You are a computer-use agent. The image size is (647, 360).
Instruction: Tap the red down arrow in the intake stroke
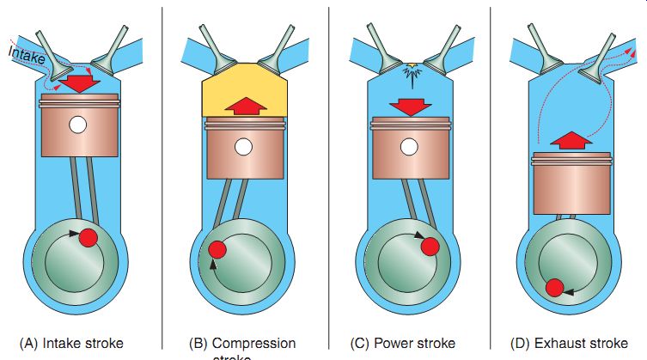[x=82, y=84]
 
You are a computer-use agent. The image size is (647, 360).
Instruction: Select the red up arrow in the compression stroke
[x=244, y=106]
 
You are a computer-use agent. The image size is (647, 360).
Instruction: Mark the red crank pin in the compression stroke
[x=217, y=249]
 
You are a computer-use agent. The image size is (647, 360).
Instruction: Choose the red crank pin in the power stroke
[x=430, y=247]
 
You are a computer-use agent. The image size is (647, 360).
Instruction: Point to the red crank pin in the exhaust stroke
[x=555, y=288]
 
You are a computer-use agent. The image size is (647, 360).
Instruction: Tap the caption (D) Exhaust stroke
[x=570, y=344]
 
